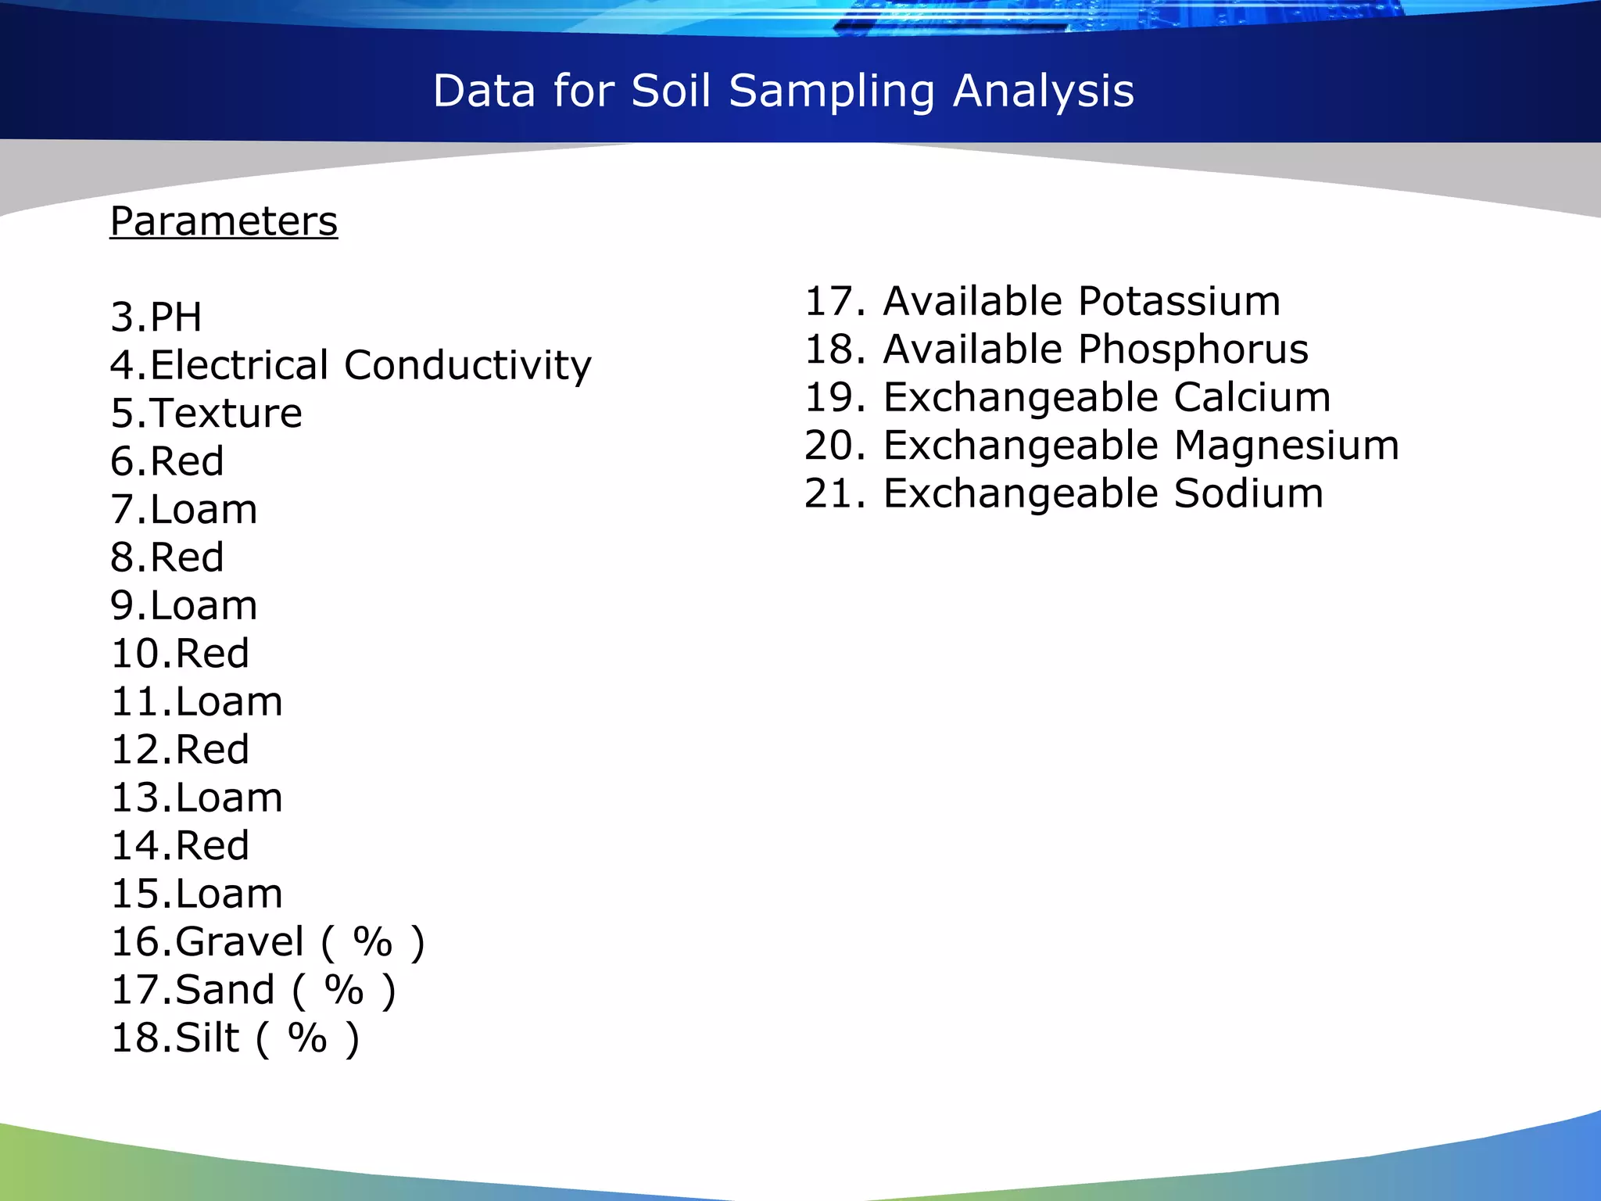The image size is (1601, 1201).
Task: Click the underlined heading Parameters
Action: [224, 221]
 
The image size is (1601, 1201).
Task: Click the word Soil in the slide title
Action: [671, 91]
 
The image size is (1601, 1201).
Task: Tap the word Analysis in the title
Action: [1044, 91]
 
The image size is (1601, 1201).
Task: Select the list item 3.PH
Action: [156, 317]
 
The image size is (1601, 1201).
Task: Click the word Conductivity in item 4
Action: [467, 366]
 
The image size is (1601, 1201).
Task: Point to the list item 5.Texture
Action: [206, 414]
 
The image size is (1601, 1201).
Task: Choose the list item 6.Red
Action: [167, 461]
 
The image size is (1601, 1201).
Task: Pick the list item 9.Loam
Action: [184, 606]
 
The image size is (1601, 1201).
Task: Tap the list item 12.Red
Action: [181, 750]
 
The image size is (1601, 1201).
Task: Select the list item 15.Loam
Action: [197, 894]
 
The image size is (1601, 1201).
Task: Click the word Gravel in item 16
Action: [240, 942]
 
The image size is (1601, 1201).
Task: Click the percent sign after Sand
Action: [344, 990]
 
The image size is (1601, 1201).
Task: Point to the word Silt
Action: [207, 1038]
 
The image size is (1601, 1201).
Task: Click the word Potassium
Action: [1180, 301]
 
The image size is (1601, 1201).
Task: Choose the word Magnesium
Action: [1287, 446]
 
